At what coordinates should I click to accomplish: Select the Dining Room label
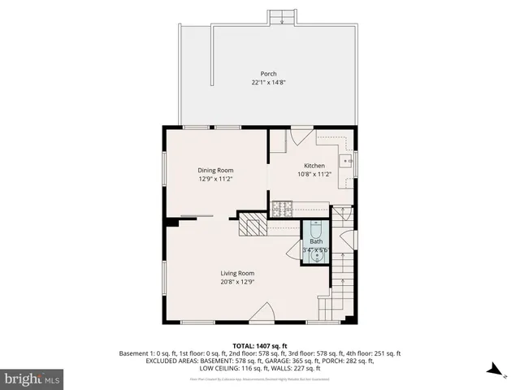click(216, 170)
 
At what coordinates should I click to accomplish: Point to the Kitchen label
click(314, 165)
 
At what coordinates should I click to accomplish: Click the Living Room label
click(237, 273)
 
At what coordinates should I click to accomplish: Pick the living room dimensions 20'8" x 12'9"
click(237, 282)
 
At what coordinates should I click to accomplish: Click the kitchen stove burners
click(283, 207)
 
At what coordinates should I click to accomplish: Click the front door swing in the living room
click(262, 313)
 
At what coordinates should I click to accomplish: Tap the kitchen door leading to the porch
click(300, 136)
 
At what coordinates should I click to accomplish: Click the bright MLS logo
click(32, 379)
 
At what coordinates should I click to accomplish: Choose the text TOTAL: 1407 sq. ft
click(260, 345)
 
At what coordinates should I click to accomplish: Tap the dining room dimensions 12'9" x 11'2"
click(216, 179)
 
